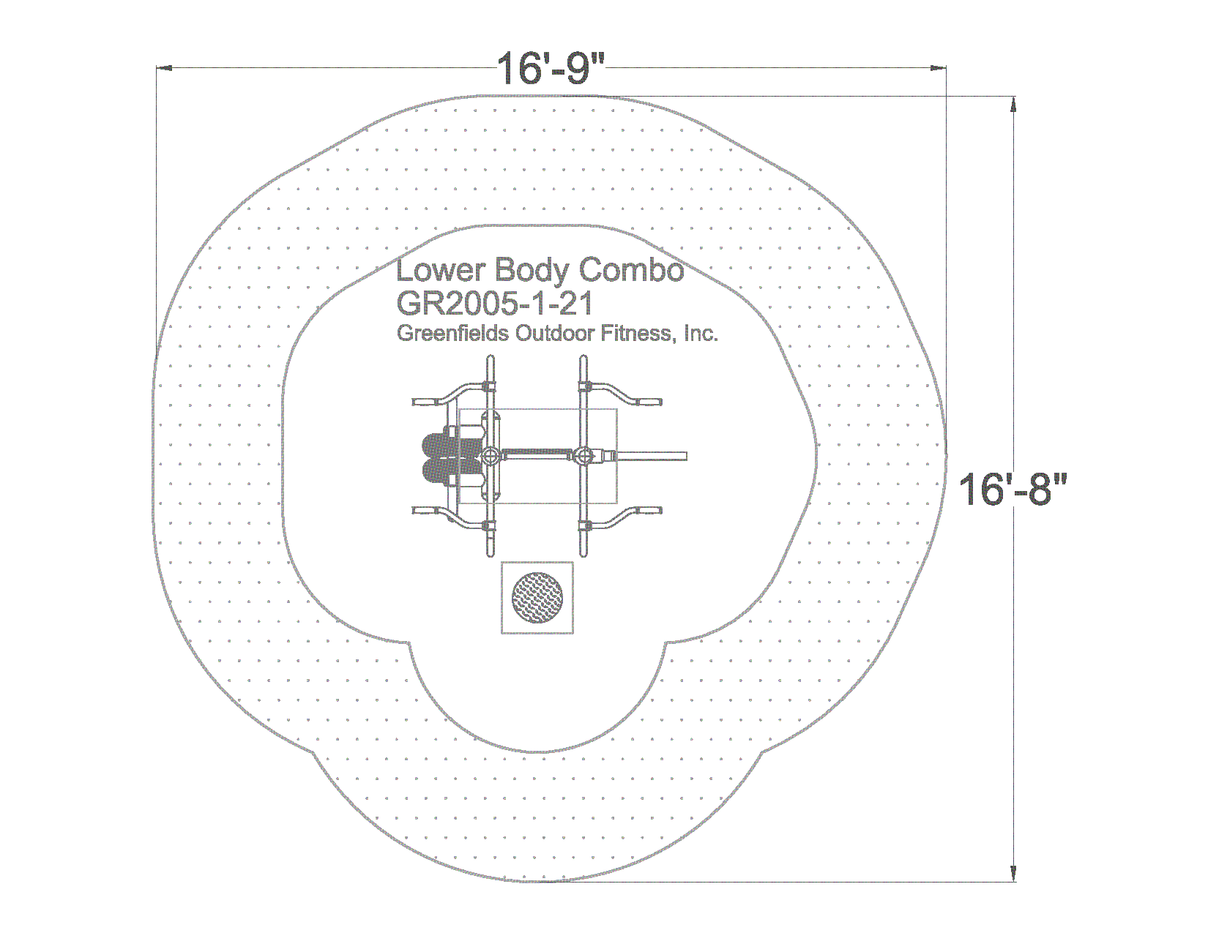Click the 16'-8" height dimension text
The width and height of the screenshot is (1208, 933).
pyautogui.click(x=1013, y=490)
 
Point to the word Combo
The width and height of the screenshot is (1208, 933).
pyautogui.click(x=632, y=270)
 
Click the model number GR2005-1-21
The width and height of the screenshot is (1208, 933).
pyautogui.click(x=494, y=304)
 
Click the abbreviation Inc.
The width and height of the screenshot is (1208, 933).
pyautogui.click(x=701, y=334)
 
